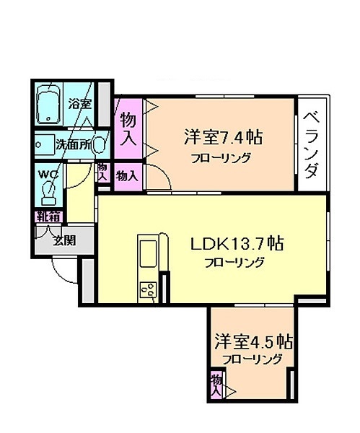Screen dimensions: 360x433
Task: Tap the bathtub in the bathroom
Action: coord(49,104)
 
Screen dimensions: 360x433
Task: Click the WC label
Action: coord(48,174)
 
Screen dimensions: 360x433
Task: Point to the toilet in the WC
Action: coord(48,193)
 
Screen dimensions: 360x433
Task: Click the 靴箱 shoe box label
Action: coord(49,217)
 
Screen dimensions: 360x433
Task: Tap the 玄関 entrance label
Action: coord(64,241)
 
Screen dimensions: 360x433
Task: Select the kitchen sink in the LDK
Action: coord(148,253)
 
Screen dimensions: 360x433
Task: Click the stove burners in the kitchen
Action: coord(148,289)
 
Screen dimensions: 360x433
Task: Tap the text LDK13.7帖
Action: coord(237,244)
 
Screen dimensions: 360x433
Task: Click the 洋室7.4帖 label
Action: coord(223,137)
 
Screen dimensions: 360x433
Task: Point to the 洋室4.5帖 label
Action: coord(254,341)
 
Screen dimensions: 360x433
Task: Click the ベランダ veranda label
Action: coord(312,145)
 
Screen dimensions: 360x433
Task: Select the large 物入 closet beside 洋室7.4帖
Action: coord(128,128)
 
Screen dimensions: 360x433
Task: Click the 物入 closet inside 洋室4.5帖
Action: coord(216,385)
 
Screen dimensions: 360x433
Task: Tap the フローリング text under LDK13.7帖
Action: coord(234,262)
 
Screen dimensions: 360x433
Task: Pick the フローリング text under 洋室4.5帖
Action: coord(252,359)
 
